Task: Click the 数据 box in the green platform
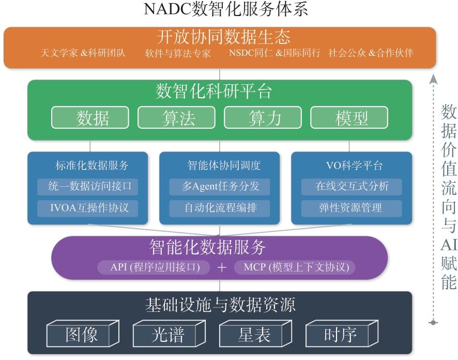coord(90,117)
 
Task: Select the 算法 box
coord(176,117)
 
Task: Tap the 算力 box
coord(263,117)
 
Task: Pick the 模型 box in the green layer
coord(349,117)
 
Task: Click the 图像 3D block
coord(83,334)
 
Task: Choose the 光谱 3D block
coord(169,334)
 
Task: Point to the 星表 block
coord(255,334)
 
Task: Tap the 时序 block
coord(342,334)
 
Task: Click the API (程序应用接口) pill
coord(154,267)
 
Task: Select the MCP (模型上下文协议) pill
coord(295,267)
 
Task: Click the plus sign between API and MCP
coord(222,267)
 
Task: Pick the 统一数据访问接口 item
coord(88,187)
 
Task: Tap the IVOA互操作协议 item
coord(88,208)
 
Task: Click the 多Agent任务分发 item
coord(220,187)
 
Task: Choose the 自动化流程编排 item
coord(220,208)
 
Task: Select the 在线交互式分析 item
coord(352,187)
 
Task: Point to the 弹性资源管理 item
coord(352,208)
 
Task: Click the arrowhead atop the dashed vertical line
coord(434,79)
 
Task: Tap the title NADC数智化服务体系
coord(226,9)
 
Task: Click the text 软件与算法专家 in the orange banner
coord(178,53)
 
